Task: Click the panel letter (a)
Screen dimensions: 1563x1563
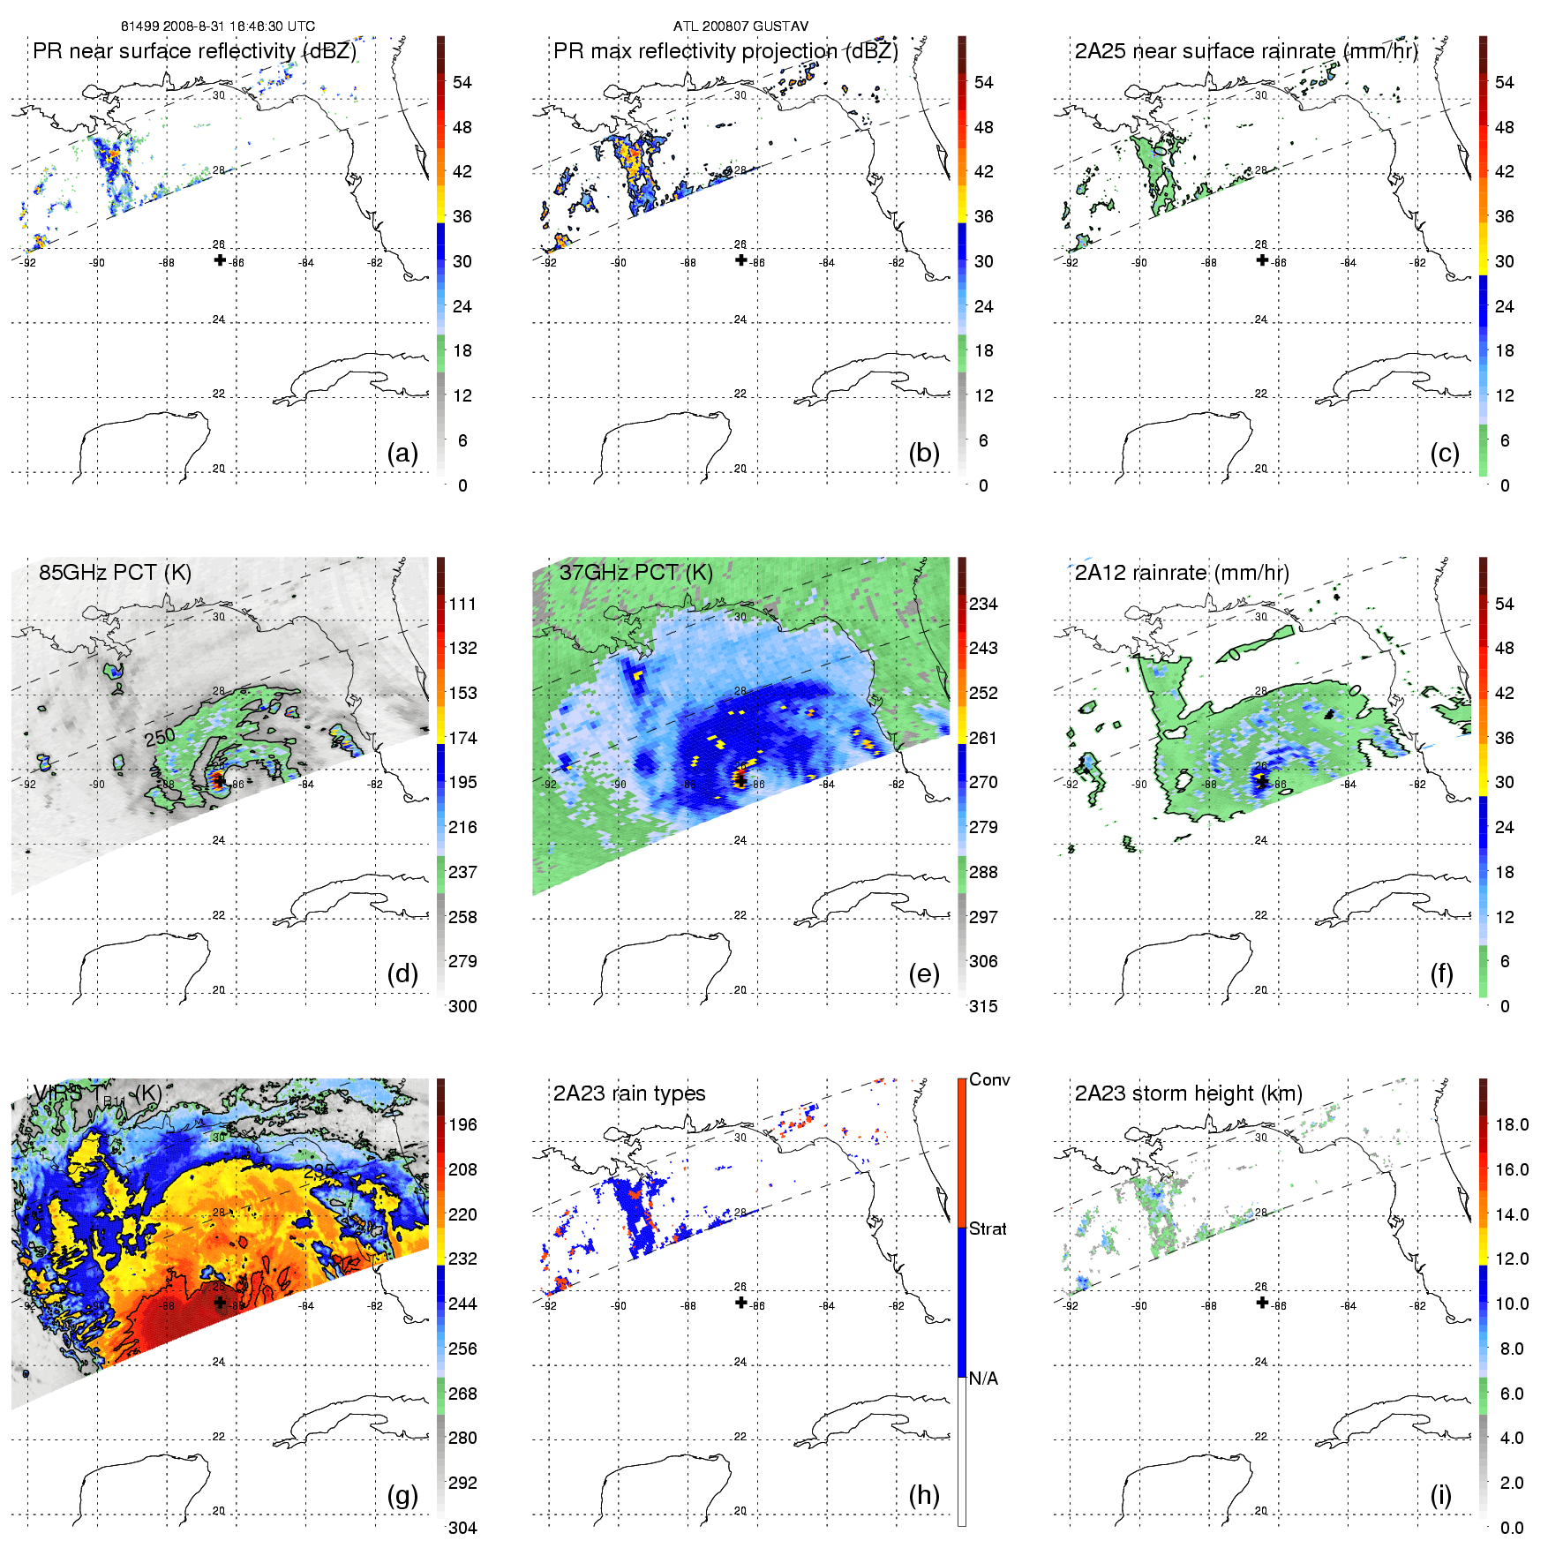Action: pyautogui.click(x=402, y=454)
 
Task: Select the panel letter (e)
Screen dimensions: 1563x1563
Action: pyautogui.click(x=923, y=974)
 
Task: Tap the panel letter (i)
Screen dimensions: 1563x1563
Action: pyautogui.click(x=1440, y=1496)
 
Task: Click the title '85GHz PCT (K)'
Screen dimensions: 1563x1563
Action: pyautogui.click(x=115, y=572)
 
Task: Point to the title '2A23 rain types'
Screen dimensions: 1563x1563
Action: pyautogui.click(x=629, y=1093)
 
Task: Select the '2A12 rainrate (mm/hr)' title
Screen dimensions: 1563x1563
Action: pyautogui.click(x=1182, y=572)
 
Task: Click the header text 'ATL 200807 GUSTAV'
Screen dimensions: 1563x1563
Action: pyautogui.click(x=740, y=26)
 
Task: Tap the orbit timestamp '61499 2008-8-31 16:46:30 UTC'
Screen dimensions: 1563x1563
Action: pyautogui.click(x=218, y=26)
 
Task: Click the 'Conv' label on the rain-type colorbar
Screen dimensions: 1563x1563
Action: pyautogui.click(x=989, y=1079)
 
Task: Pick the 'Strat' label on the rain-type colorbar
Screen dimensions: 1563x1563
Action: pyautogui.click(x=988, y=1229)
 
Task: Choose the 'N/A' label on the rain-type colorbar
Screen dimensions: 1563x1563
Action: pyautogui.click(x=983, y=1378)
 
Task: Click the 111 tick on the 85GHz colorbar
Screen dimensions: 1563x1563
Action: pyautogui.click(x=462, y=604)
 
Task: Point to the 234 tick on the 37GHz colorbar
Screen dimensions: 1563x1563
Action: pyautogui.click(x=983, y=604)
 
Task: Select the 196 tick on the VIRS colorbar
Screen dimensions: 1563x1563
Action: pyautogui.click(x=462, y=1124)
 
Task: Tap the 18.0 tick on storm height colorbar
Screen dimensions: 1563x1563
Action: pyautogui.click(x=1511, y=1124)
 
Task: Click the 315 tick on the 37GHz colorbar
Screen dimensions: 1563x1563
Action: pyautogui.click(x=983, y=1006)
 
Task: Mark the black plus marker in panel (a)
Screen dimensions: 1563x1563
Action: pyautogui.click(x=220, y=259)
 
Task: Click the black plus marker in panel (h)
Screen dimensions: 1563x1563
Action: pyautogui.click(x=741, y=1302)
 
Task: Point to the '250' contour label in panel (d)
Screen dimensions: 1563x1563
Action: pyautogui.click(x=160, y=737)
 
